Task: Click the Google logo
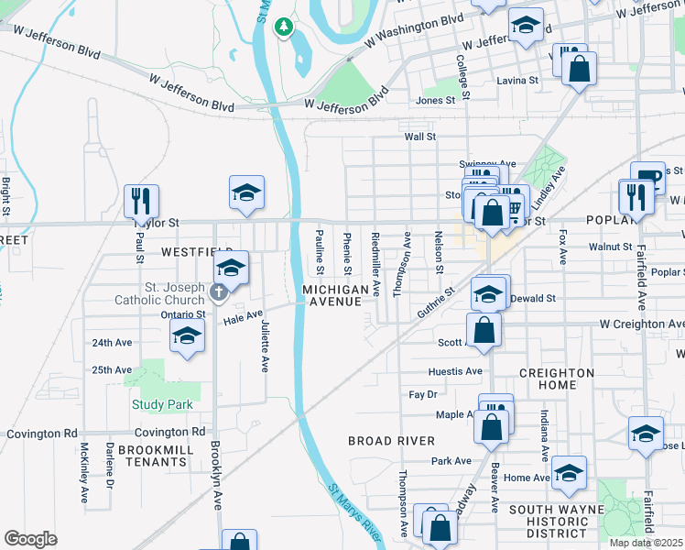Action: [x=31, y=539]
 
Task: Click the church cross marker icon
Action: [x=218, y=292]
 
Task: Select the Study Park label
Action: [x=162, y=404]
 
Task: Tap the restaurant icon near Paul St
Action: [x=141, y=200]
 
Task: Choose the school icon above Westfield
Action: [x=246, y=192]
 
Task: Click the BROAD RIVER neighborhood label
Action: [x=391, y=441]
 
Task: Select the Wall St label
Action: [x=420, y=137]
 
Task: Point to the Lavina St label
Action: [x=517, y=81]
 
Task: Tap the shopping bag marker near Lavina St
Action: [x=580, y=69]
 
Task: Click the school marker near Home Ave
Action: [x=569, y=473]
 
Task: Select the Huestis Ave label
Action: [x=455, y=371]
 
